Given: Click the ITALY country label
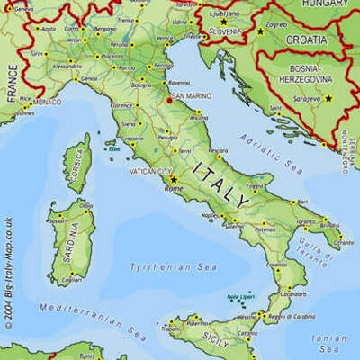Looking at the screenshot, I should click(221, 184).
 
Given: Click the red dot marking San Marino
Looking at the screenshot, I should click(168, 101).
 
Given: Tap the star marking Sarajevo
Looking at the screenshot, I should click(328, 98).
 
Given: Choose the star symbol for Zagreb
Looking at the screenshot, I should click(260, 31).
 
